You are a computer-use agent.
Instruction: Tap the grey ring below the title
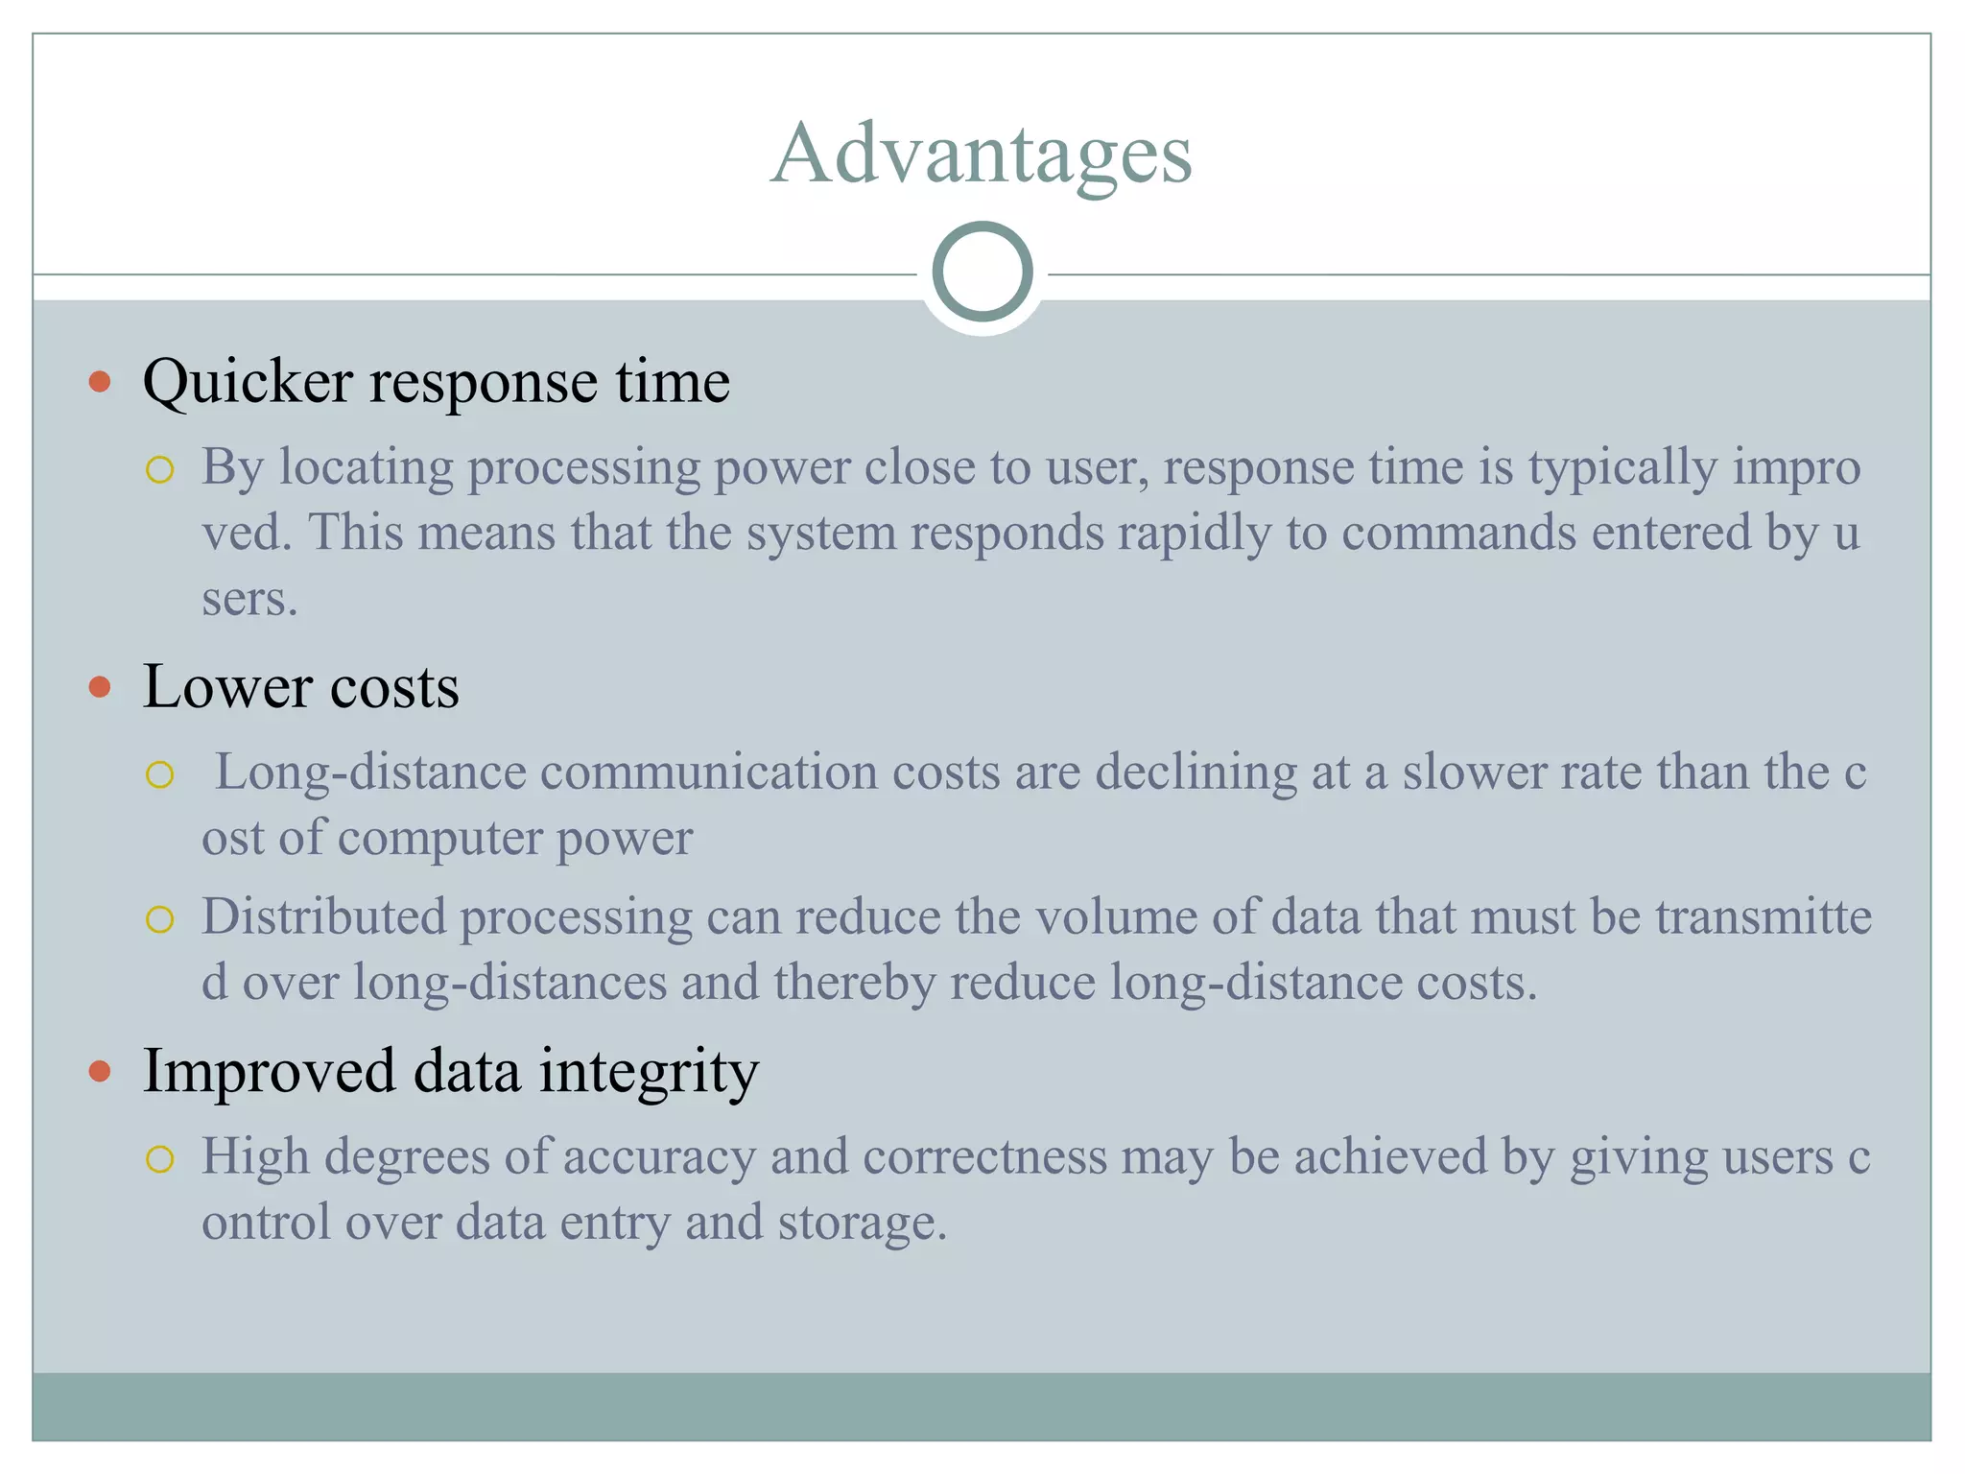pyautogui.click(x=982, y=272)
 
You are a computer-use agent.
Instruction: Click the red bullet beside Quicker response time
pyautogui.click(x=100, y=383)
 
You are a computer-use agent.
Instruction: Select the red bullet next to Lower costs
pyautogui.click(x=100, y=687)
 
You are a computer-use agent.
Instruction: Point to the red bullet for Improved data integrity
pyautogui.click(x=100, y=1071)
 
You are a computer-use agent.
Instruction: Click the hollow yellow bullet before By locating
pyautogui.click(x=159, y=470)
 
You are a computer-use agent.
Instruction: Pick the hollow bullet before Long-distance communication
pyautogui.click(x=159, y=774)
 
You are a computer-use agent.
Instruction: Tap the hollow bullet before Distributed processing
pyautogui.click(x=159, y=919)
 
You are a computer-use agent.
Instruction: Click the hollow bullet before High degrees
pyautogui.click(x=159, y=1159)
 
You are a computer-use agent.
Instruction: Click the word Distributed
pyautogui.click(x=324, y=916)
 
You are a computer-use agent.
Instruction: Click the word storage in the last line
pyautogui.click(x=862, y=1223)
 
